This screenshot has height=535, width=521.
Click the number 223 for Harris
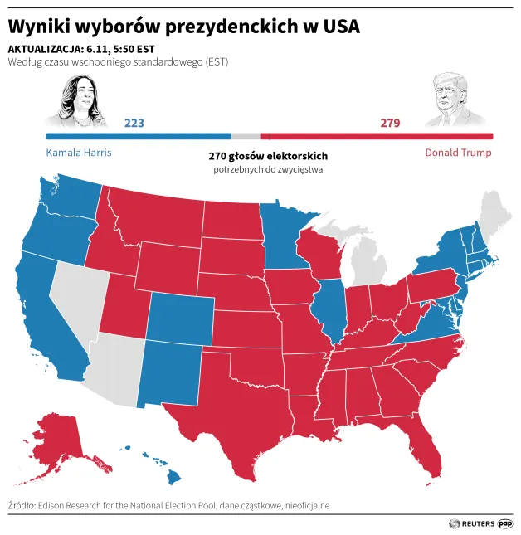[x=134, y=123]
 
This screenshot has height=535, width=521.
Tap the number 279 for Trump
[x=390, y=123]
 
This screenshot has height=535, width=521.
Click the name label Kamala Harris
[x=79, y=153]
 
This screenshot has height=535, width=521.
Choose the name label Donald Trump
[x=458, y=153]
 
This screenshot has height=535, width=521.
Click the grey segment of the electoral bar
[x=246, y=136]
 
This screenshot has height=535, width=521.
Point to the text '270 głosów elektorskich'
[x=268, y=156]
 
